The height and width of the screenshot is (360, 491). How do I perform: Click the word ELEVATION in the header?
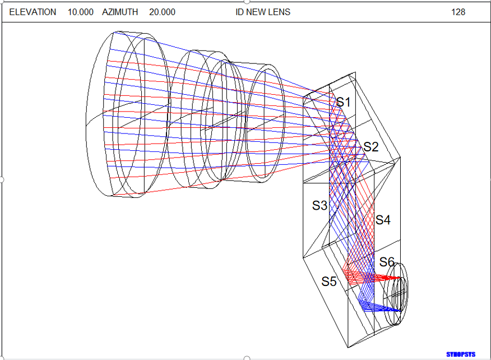point(33,12)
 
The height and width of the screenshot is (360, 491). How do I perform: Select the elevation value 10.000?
point(81,12)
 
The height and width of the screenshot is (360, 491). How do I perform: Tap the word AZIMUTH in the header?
point(120,12)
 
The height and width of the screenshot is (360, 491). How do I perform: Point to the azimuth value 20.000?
point(162,12)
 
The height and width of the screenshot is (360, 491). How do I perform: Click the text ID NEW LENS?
point(263,12)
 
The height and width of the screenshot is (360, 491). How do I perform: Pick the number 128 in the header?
point(458,12)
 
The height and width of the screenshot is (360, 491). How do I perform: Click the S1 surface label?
point(344,102)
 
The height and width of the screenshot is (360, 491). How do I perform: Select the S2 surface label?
point(370,146)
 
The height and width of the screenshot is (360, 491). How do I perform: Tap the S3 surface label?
point(319,206)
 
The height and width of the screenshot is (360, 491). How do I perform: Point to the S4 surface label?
point(383,220)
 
